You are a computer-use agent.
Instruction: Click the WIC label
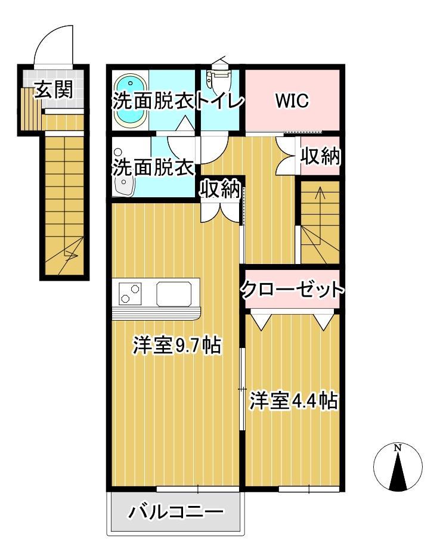(292, 101)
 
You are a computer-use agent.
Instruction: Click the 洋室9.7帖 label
(176, 346)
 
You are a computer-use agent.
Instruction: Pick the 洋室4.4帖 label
(294, 400)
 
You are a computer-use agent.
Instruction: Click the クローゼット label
(292, 290)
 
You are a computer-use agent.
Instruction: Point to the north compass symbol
(398, 468)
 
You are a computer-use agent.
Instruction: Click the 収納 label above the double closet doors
(219, 190)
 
